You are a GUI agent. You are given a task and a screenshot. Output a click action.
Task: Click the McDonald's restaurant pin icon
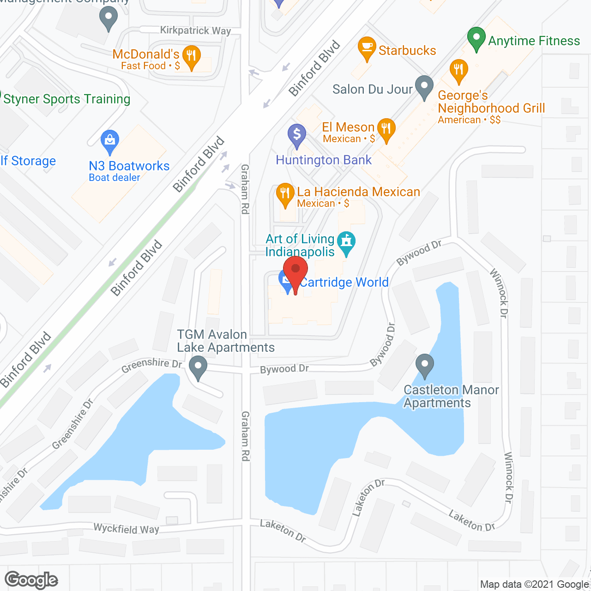click(x=190, y=56)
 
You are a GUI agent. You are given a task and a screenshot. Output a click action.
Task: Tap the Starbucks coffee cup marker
click(x=367, y=48)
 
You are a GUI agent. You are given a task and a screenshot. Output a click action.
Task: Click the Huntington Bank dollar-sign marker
click(x=297, y=135)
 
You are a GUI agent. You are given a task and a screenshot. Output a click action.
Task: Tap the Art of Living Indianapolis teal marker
click(x=346, y=242)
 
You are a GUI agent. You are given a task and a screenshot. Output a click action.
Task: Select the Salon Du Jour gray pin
click(x=424, y=86)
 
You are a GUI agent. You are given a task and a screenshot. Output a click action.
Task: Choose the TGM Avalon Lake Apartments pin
click(x=198, y=368)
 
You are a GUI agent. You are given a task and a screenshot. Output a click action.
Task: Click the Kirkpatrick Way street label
click(x=195, y=30)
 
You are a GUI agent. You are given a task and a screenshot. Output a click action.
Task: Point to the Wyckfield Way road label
click(x=126, y=529)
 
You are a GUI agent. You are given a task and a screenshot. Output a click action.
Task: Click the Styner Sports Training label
click(x=67, y=99)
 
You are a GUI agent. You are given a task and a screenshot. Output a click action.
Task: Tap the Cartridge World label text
click(x=344, y=282)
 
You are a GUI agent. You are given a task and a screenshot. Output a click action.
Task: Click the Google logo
click(x=31, y=580)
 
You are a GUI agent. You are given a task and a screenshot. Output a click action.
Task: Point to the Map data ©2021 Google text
click(x=534, y=585)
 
